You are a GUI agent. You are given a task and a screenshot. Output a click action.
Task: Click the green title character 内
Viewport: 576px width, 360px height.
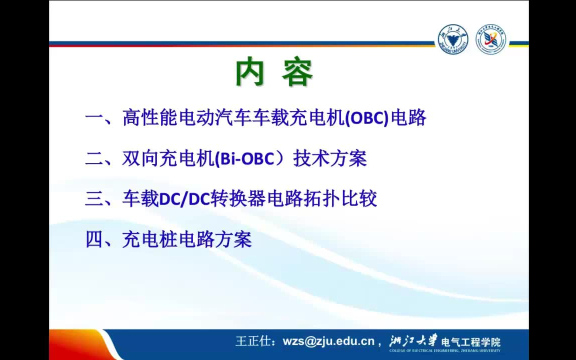point(250,72)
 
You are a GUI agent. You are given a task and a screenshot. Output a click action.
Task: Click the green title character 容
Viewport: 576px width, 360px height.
point(297,72)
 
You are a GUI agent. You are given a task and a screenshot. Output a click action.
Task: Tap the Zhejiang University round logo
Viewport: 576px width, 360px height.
point(453,39)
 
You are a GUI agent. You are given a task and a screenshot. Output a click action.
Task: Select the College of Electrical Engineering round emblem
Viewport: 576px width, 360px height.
point(490,39)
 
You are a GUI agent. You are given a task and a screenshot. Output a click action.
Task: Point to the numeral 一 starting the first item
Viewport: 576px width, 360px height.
point(94,118)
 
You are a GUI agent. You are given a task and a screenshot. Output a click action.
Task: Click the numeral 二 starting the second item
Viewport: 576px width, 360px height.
point(94,158)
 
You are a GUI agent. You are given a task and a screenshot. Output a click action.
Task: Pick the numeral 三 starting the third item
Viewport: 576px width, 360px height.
point(94,198)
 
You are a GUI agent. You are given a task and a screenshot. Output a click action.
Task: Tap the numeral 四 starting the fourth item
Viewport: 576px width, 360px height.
point(94,239)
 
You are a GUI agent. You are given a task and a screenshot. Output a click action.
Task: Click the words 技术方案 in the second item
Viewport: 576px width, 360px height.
point(330,158)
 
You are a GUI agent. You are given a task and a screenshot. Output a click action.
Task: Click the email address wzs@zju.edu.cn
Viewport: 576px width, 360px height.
point(328,341)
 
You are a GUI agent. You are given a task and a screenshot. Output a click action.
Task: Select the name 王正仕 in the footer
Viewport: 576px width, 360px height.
point(253,341)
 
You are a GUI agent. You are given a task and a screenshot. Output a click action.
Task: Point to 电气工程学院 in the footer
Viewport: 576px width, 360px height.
point(470,342)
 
